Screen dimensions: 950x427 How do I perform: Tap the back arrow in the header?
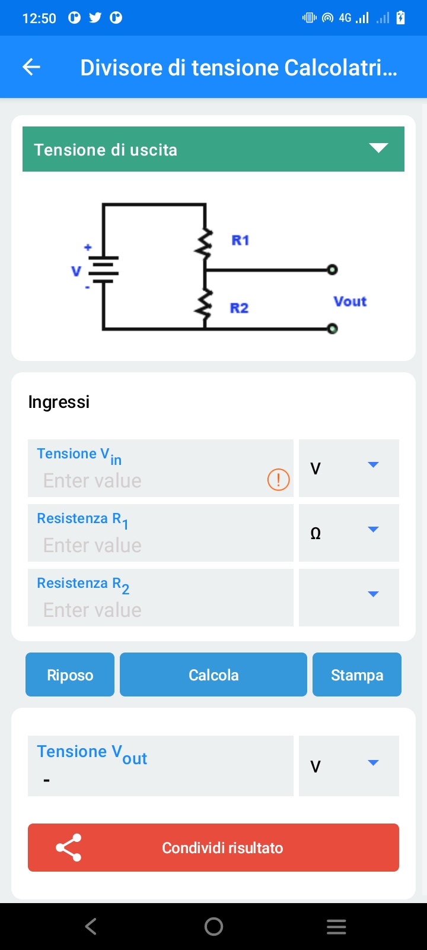[31, 67]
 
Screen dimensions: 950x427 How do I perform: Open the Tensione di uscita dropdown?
[213, 149]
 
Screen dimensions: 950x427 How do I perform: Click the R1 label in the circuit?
[240, 240]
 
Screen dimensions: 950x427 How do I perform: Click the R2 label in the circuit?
[239, 308]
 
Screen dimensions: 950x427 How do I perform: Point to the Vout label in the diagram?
[350, 302]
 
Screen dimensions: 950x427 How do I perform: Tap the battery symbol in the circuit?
[104, 269]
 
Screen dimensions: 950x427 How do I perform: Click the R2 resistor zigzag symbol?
[205, 304]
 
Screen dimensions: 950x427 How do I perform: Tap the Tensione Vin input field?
[148, 480]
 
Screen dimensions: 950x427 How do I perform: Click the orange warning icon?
[278, 479]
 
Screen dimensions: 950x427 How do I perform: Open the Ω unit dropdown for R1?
[349, 533]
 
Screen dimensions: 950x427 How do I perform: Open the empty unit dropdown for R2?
[349, 597]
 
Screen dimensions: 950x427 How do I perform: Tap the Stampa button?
[357, 674]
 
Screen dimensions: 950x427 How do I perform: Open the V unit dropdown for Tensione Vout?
[349, 765]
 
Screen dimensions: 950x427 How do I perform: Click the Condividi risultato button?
[213, 847]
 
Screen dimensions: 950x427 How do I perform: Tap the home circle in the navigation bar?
[213, 926]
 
